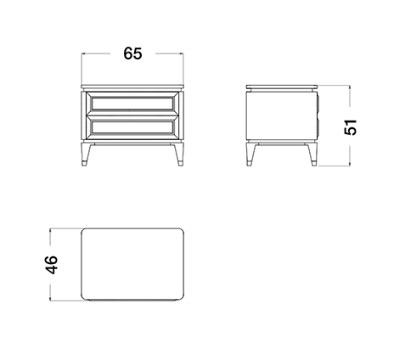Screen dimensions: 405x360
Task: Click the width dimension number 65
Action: pos(132,53)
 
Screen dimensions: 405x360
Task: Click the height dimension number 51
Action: pos(350,127)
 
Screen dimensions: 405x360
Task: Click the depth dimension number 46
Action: pos(51,265)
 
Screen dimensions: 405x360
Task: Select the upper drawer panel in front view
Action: pos(132,104)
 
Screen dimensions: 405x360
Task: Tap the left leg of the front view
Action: pos(86,155)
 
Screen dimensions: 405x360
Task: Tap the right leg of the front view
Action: pos(179,155)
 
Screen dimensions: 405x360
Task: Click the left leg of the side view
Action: pos(250,155)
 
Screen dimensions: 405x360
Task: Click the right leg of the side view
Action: pos(312,155)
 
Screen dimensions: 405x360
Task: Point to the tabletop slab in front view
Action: pos(132,86)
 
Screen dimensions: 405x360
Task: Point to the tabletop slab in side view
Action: pos(281,87)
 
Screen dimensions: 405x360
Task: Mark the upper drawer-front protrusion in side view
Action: pos(318,104)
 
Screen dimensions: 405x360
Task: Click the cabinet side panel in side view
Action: pos(281,115)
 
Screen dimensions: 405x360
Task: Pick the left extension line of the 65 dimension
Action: pos(82,68)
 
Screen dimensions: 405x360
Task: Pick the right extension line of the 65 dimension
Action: pos(183,68)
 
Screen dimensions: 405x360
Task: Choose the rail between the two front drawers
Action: pos(132,115)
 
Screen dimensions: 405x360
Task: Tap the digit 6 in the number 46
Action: pos(51,260)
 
